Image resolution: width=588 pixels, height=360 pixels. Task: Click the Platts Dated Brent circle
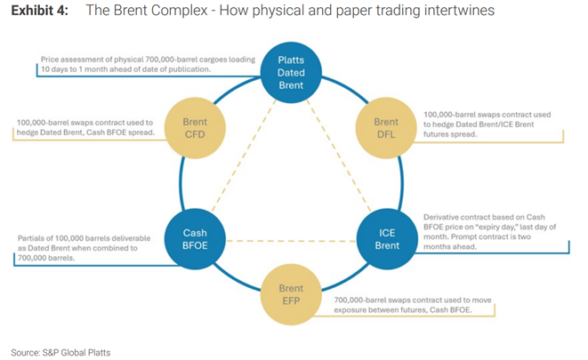coord(291,73)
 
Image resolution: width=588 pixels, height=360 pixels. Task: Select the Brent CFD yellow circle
coord(195,128)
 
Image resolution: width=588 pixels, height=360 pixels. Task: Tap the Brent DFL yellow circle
coord(386,128)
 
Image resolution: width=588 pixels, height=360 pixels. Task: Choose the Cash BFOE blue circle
coord(195,239)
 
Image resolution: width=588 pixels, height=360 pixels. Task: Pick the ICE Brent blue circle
coord(386,239)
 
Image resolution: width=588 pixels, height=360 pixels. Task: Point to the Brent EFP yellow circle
coord(291,295)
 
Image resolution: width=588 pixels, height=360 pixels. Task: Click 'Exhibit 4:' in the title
coord(39,11)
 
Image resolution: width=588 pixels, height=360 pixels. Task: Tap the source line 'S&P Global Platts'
coord(60,352)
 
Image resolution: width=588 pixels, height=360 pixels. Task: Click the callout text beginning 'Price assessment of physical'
coord(147,64)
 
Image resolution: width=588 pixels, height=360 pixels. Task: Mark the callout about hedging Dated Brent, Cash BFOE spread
coord(85,127)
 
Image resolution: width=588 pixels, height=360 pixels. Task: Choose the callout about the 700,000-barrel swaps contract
coord(414,306)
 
